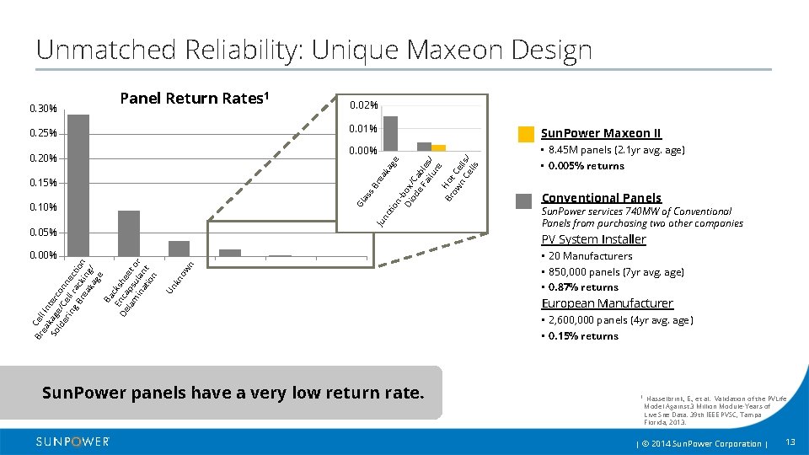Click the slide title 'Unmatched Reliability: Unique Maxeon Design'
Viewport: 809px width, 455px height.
(313, 50)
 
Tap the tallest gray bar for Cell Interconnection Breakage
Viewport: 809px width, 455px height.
(78, 185)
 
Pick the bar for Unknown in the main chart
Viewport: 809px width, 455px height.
(179, 249)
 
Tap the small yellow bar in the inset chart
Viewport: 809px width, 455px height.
(438, 148)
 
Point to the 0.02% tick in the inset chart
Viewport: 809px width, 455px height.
(364, 105)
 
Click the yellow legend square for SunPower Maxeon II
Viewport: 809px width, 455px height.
(526, 134)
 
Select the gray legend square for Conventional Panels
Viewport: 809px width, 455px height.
(524, 201)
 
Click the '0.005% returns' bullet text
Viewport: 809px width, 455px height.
(586, 166)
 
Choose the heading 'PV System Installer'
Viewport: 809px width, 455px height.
(593, 239)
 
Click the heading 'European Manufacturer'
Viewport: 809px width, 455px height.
(607, 303)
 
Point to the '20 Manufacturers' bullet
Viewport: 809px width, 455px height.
(590, 256)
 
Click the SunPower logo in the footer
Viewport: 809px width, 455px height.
(72, 442)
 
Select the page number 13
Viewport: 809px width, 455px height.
(790, 442)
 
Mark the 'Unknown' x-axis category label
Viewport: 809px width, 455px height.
(180, 278)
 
